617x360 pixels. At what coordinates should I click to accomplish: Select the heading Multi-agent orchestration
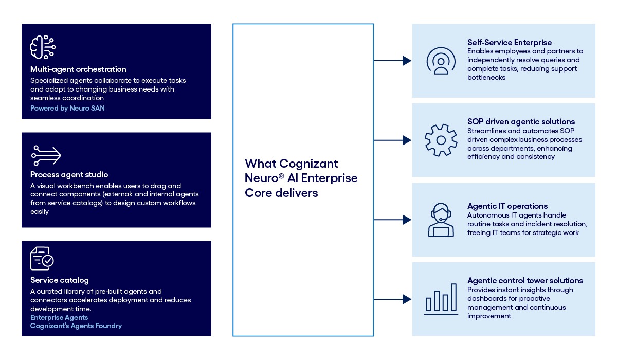[78, 69]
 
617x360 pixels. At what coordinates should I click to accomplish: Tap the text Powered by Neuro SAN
[67, 109]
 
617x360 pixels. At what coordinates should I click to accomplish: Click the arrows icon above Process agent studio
[46, 155]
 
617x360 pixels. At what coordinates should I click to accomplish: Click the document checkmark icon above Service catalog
[42, 259]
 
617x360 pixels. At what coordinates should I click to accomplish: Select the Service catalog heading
[60, 280]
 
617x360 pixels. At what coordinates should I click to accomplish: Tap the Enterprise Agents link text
[59, 318]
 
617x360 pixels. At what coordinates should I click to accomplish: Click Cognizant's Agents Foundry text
[76, 326]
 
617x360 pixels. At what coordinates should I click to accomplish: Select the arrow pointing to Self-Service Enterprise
[393, 61]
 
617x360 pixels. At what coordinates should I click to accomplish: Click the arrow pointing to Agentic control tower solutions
[393, 299]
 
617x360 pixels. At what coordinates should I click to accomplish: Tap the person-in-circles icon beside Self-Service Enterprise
[441, 61]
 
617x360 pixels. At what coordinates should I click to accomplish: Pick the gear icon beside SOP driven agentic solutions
[441, 140]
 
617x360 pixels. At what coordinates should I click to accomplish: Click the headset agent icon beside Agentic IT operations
[441, 220]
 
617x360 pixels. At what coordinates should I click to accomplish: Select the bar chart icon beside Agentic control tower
[441, 299]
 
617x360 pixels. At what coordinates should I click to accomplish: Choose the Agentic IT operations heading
[507, 206]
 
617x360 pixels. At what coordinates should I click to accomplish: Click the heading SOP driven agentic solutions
[521, 122]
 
